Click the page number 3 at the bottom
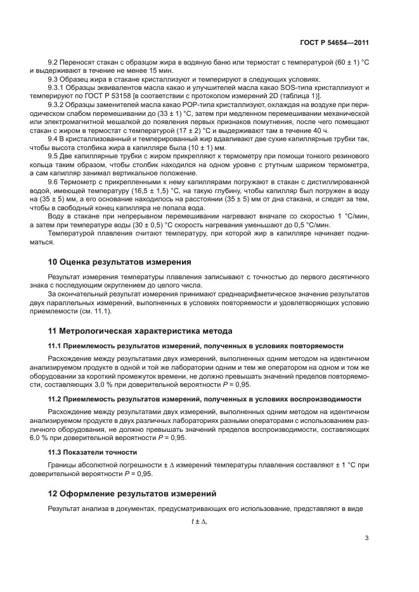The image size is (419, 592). [x=366, y=538]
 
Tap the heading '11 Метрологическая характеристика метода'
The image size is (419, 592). [x=140, y=331]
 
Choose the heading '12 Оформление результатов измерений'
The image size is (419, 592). [x=132, y=493]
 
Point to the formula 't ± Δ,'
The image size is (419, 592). [x=199, y=522]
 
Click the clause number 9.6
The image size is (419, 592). [x=54, y=180]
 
